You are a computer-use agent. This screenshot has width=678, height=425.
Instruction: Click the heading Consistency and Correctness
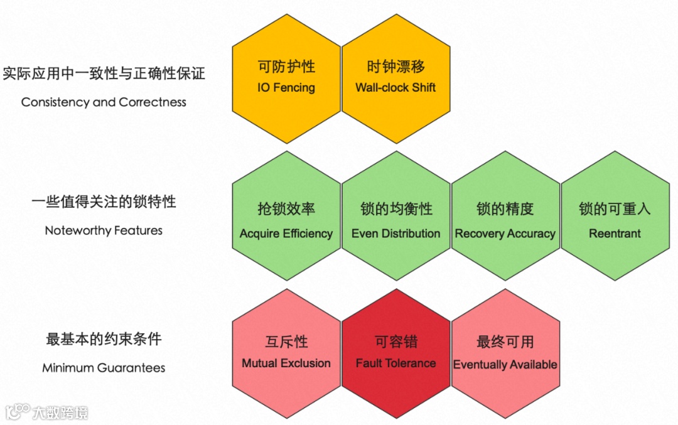(x=104, y=102)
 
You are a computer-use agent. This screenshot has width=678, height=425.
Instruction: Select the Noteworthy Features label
(x=104, y=230)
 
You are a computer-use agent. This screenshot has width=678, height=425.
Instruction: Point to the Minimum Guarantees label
(x=104, y=368)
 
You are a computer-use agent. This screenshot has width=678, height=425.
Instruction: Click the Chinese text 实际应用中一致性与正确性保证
(x=104, y=73)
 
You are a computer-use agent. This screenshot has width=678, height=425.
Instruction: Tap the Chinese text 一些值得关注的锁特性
(x=104, y=202)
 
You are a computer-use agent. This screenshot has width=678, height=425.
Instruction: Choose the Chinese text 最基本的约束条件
(x=104, y=340)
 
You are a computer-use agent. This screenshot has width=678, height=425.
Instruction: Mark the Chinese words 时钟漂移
(x=395, y=67)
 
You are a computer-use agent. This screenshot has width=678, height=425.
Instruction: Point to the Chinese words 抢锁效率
(x=286, y=209)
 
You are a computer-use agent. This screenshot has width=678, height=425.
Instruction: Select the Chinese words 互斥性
(x=286, y=342)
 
